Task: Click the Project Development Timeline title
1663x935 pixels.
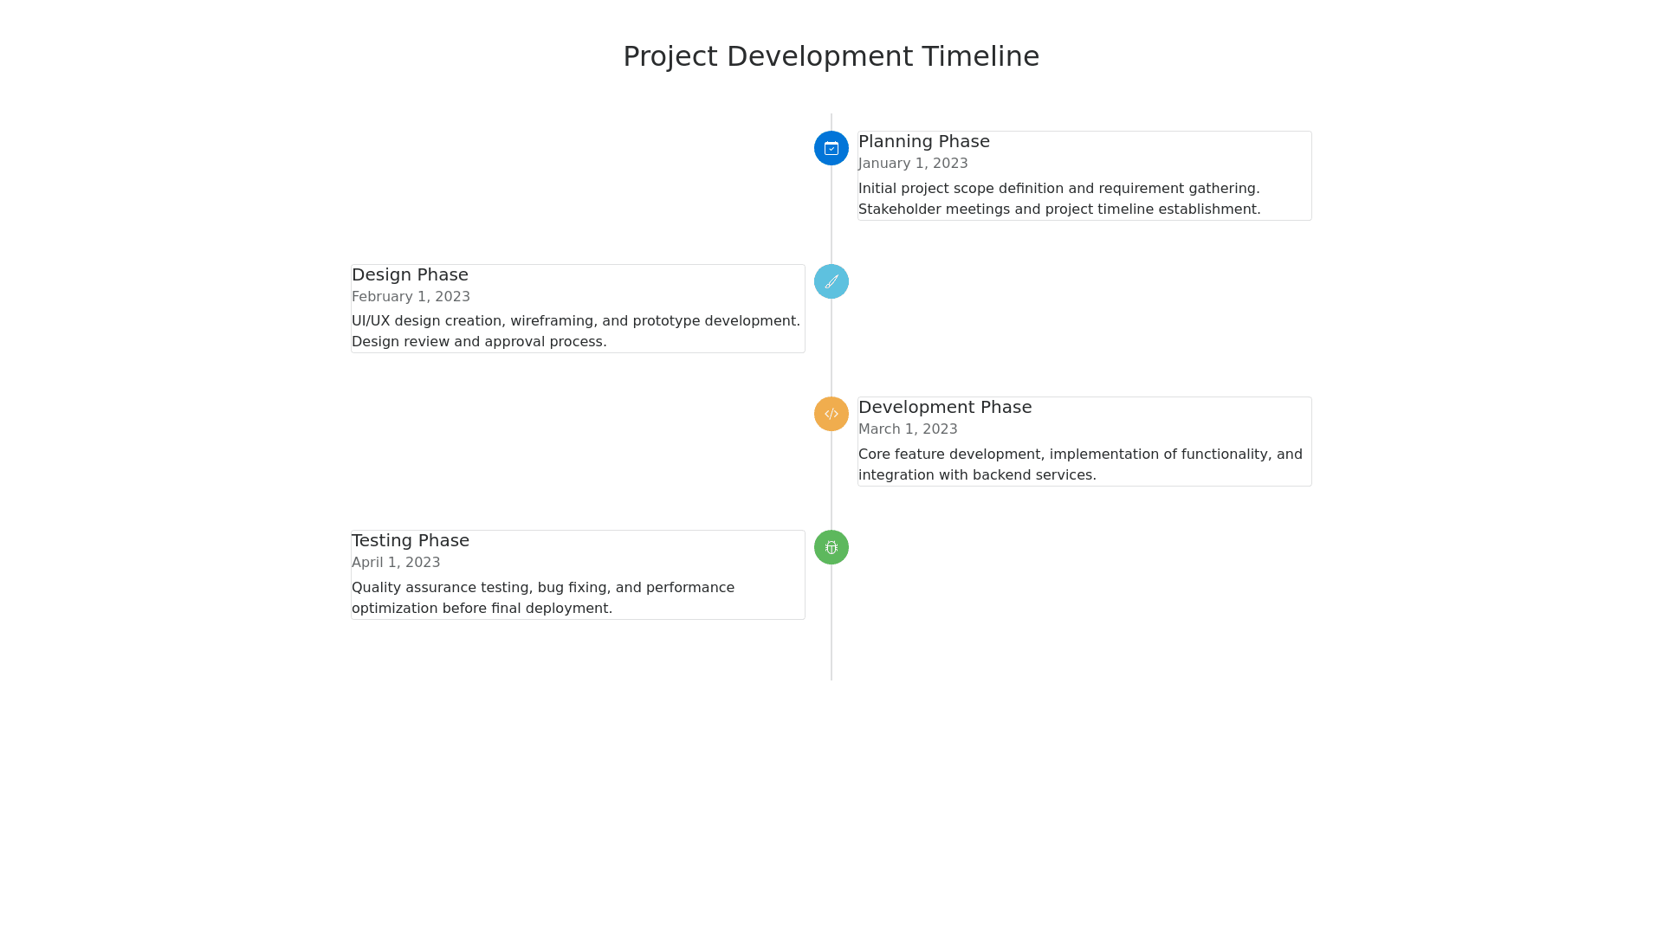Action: tap(831, 56)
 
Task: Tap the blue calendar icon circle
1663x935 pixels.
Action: tap(831, 148)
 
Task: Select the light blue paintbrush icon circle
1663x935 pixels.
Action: tap(831, 281)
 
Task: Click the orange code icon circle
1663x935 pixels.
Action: tap(831, 414)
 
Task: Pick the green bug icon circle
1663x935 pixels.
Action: tap(831, 547)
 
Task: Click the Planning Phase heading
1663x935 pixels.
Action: tap(924, 141)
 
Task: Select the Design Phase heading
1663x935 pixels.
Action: tap(410, 274)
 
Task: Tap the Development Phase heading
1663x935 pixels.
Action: tap(945, 407)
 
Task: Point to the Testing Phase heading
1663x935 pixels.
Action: tap(411, 540)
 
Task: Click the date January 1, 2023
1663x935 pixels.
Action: tap(913, 164)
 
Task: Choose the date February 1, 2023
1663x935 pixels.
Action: tap(411, 297)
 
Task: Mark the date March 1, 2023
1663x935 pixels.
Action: tap(908, 429)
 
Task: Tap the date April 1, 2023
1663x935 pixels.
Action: tap(396, 563)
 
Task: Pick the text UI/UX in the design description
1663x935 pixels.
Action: tap(371, 321)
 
